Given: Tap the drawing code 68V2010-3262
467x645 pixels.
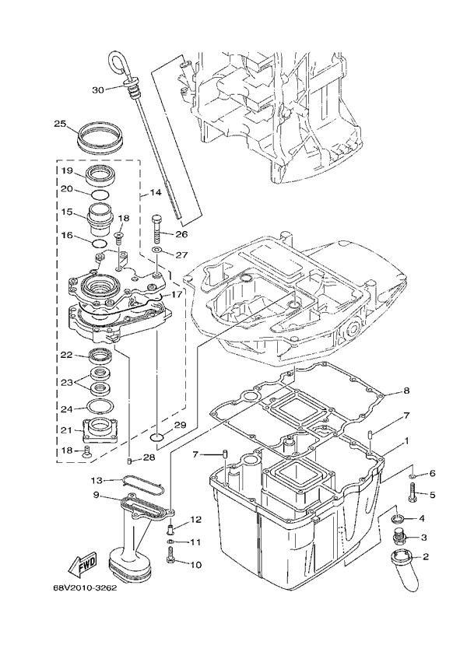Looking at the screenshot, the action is tap(85, 588).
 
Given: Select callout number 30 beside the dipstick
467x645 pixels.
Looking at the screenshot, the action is tap(98, 89).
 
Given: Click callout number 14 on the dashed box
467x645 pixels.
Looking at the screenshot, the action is tap(156, 192).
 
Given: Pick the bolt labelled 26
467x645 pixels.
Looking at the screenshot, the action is tap(157, 230).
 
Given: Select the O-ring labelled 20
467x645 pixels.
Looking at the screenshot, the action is tap(100, 193).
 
